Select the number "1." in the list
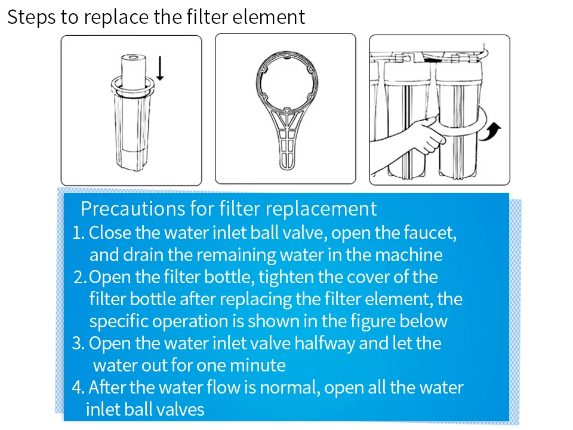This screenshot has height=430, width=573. (x=79, y=232)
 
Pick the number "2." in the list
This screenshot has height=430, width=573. (x=81, y=278)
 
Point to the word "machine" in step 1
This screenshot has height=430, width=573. (x=408, y=255)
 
